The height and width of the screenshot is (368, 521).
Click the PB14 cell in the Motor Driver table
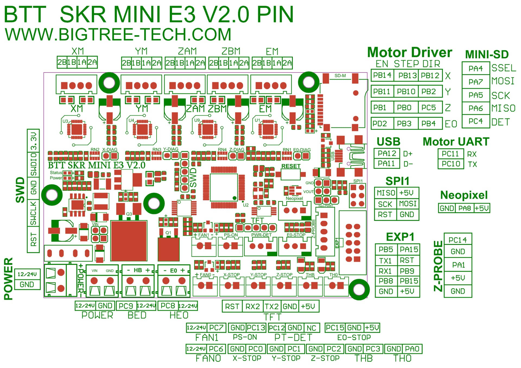coord(382,75)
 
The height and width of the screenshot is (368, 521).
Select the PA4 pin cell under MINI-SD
coord(476,69)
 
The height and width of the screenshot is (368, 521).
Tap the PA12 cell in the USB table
coord(387,154)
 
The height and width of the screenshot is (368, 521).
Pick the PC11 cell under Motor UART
coord(450,154)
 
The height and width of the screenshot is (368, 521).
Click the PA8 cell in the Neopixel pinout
coord(465,208)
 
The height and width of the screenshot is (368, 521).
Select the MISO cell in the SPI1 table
coord(386,193)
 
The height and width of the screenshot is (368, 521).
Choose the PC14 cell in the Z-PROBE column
coord(458,240)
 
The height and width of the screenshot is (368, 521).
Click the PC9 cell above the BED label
coord(126,306)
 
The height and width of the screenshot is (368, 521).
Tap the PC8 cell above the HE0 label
coord(168,306)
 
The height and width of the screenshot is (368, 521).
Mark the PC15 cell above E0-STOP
coord(335,328)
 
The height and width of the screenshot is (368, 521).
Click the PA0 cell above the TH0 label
coord(412,349)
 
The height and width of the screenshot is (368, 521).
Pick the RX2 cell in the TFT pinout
coord(253,307)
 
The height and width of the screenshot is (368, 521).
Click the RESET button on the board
coord(290,174)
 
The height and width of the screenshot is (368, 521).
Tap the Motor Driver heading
coord(409,52)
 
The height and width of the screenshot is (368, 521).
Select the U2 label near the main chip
coord(246,205)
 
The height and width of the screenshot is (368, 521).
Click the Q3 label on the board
coord(129,214)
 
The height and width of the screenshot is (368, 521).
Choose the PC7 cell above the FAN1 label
coord(216,328)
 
